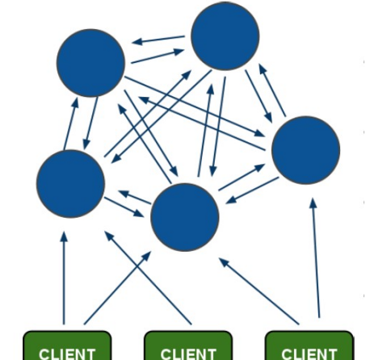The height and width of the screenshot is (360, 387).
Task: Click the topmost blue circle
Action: [225, 36]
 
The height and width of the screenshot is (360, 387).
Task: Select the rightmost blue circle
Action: [305, 150]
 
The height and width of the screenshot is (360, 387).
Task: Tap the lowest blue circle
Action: [185, 217]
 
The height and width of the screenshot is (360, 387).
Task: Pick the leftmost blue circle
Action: [70, 184]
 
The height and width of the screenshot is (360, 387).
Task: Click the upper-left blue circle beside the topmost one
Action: [90, 63]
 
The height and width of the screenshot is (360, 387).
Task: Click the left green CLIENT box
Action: [67, 345]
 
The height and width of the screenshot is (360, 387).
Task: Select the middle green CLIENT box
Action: [188, 345]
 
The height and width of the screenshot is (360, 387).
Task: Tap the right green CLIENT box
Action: [309, 345]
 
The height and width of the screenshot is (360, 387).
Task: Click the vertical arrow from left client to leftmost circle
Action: [64, 278]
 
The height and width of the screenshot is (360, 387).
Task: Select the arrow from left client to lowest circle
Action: [118, 288]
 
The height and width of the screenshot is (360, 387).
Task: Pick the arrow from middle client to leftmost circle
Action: [148, 278]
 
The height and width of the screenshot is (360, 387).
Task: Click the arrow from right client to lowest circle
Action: [259, 291]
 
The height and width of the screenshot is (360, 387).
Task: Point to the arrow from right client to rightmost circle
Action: [316, 257]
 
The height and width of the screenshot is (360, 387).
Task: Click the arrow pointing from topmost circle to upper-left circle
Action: [158, 40]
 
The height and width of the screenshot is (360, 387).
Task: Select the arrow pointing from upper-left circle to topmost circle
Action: [158, 56]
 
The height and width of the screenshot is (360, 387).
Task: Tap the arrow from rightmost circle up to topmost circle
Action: [272, 90]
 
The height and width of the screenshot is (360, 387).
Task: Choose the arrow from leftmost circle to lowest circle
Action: [124, 207]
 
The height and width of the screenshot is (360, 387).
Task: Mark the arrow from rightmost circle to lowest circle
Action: [252, 190]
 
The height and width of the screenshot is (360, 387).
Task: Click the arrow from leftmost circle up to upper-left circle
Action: [71, 123]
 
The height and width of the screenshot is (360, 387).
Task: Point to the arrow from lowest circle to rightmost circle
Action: [242, 178]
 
